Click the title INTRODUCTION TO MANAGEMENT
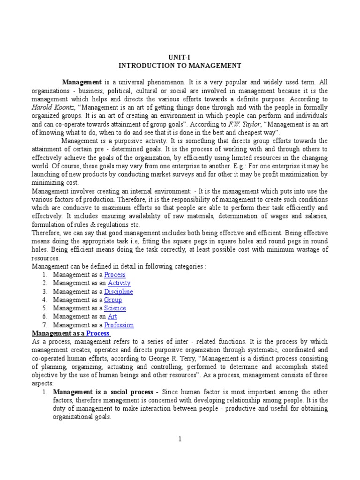point(180,65)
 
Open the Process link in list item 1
point(115,275)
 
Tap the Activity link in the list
point(119,283)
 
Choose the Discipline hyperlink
point(119,292)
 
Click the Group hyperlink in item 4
point(113,300)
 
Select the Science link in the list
point(115,308)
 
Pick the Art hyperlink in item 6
point(112,317)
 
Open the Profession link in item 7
point(119,325)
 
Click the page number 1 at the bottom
point(180,439)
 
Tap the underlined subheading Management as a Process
point(71,333)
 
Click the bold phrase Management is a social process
point(103,392)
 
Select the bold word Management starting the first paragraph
point(82,82)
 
